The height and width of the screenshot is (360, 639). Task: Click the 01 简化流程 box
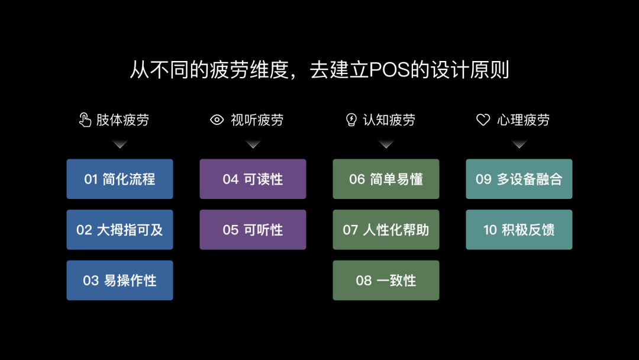pyautogui.click(x=120, y=179)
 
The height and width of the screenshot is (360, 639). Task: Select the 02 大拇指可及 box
pyautogui.click(x=120, y=230)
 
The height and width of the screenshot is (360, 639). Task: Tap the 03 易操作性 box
pyautogui.click(x=120, y=280)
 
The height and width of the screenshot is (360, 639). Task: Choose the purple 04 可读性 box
pyautogui.click(x=253, y=179)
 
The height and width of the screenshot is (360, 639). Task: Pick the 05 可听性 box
pyautogui.click(x=253, y=230)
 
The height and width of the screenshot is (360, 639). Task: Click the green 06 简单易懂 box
pyautogui.click(x=386, y=179)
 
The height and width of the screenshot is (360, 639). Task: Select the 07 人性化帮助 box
pyautogui.click(x=386, y=230)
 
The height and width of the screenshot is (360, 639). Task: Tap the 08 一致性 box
pyautogui.click(x=386, y=280)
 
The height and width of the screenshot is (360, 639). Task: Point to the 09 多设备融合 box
pyautogui.click(x=519, y=179)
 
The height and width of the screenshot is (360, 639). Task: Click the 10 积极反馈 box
pyautogui.click(x=519, y=230)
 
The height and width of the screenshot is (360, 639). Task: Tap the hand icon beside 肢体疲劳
pyautogui.click(x=85, y=120)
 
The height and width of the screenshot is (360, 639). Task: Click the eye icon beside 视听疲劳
pyautogui.click(x=217, y=120)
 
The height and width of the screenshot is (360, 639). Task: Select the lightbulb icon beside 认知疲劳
pyautogui.click(x=351, y=120)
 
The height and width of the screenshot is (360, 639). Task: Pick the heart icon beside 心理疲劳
pyautogui.click(x=483, y=120)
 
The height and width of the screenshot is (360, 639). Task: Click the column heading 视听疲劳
pyautogui.click(x=257, y=120)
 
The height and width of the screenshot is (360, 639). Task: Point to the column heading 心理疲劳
pyautogui.click(x=523, y=120)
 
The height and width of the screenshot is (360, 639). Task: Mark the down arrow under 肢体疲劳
pyautogui.click(x=120, y=144)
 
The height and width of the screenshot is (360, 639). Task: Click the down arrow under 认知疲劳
pyautogui.click(x=386, y=144)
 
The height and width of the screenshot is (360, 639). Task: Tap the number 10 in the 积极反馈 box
pyautogui.click(x=490, y=230)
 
